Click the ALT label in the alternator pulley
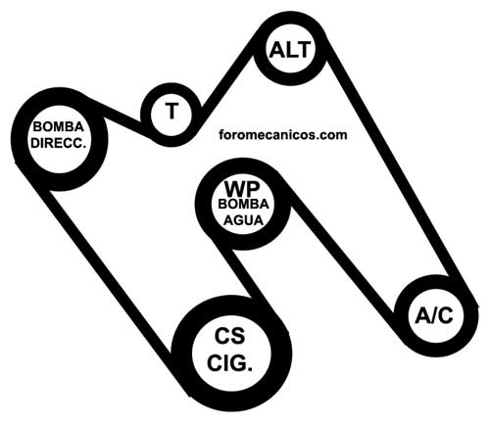tap(289, 50)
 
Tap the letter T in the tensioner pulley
tap(171, 111)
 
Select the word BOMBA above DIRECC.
tap(59, 126)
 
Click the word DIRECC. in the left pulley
tap(59, 143)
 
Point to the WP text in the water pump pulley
tap(242, 188)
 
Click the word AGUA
tap(243, 220)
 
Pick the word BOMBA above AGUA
tap(243, 205)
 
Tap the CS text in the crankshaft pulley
tap(230, 336)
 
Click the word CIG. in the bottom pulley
tap(230, 363)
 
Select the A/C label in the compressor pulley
tap(434, 315)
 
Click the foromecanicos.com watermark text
tap(283, 134)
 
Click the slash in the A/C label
tap(434, 315)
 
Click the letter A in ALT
tap(276, 50)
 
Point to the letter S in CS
tap(238, 336)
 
